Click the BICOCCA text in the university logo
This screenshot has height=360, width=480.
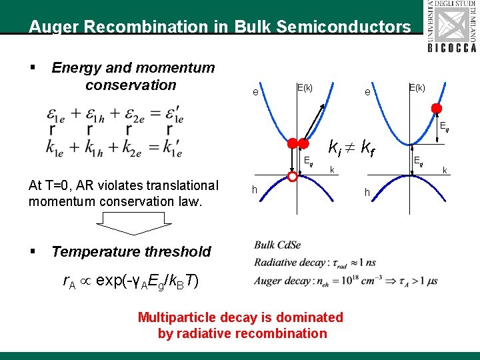pos(452,47)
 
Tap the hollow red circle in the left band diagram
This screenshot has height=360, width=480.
pos(292,177)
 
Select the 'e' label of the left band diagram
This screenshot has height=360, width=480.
pos(256,92)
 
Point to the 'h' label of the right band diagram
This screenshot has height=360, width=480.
pos(366,193)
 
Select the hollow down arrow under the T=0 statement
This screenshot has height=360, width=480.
pos(131,223)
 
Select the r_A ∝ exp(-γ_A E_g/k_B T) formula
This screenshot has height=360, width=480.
pos(129,281)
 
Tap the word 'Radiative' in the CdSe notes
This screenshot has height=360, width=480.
pos(276,263)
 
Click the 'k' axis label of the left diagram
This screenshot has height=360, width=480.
pos(331,170)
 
